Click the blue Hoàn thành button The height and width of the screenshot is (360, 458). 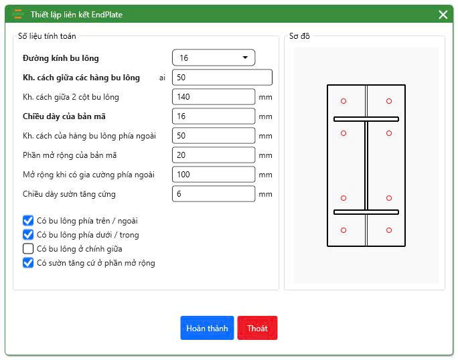click(x=207, y=328)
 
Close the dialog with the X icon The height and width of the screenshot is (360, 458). click(x=443, y=15)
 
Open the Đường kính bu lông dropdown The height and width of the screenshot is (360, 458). click(x=214, y=58)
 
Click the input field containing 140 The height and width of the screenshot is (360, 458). click(x=214, y=96)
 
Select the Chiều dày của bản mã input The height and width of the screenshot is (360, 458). click(x=214, y=116)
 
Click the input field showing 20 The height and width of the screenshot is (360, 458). click(x=214, y=155)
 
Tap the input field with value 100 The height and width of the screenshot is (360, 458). click(x=214, y=174)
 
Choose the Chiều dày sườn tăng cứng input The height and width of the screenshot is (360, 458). click(x=214, y=194)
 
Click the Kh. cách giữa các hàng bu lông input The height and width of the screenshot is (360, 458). click(x=222, y=78)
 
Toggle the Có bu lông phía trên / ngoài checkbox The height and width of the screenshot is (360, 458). click(x=28, y=221)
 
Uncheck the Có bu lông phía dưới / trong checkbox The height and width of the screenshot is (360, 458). click(x=28, y=235)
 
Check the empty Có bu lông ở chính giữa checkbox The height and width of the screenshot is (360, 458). click(x=28, y=249)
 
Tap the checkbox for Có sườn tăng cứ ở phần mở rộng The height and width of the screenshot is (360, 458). click(x=28, y=263)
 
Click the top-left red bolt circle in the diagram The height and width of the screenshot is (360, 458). click(x=343, y=98)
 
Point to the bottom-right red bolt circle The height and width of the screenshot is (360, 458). click(x=389, y=228)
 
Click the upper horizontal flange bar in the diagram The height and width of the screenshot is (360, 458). click(x=366, y=119)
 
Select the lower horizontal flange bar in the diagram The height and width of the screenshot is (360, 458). click(x=366, y=212)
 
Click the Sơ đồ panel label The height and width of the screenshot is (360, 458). click(x=299, y=36)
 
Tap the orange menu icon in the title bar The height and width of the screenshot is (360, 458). click(x=18, y=14)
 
